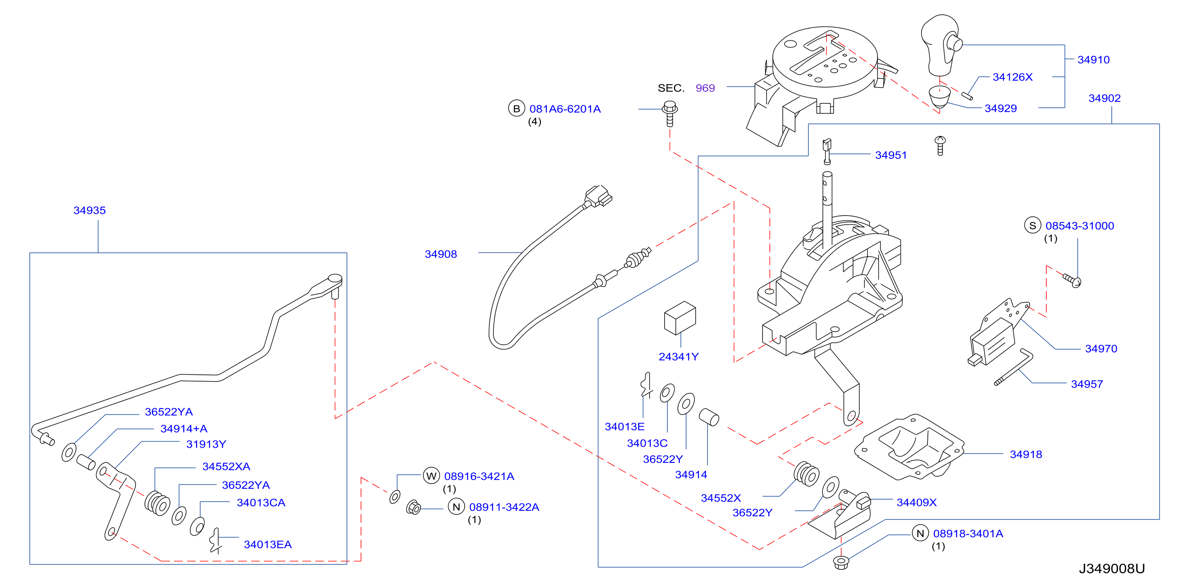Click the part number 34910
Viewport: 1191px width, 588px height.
1093,59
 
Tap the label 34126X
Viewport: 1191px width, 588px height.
1012,77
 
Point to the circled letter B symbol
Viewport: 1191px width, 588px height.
516,109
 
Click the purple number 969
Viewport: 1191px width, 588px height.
705,88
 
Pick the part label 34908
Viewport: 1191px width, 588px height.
441,254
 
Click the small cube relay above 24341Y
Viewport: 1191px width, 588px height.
680,318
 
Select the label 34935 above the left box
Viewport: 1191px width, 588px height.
90,210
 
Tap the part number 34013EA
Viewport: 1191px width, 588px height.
268,544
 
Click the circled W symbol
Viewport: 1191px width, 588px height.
431,476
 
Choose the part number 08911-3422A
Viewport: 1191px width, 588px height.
504,507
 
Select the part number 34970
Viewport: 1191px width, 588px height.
1101,349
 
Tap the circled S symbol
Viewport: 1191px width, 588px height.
1032,225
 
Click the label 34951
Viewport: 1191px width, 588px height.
891,155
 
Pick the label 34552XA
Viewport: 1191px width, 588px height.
226,466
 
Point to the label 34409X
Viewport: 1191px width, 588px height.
916,502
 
